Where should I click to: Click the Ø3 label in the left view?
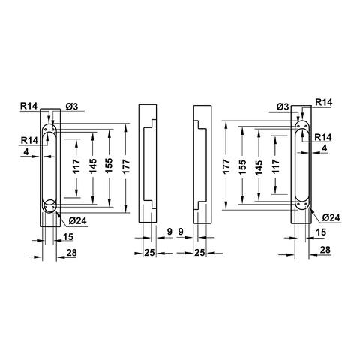click(x=73, y=106)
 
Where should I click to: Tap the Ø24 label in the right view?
click(x=331, y=217)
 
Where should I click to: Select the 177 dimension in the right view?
click(x=226, y=166)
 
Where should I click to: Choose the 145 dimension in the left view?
click(x=93, y=166)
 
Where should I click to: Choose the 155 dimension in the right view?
click(x=241, y=166)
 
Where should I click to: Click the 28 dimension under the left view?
click(x=72, y=253)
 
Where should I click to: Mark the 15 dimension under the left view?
click(x=68, y=237)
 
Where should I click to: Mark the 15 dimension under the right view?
click(x=321, y=233)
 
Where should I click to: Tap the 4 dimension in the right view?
click(x=324, y=149)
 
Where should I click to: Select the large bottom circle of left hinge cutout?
click(x=50, y=208)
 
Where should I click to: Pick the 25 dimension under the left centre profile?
click(x=148, y=253)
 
